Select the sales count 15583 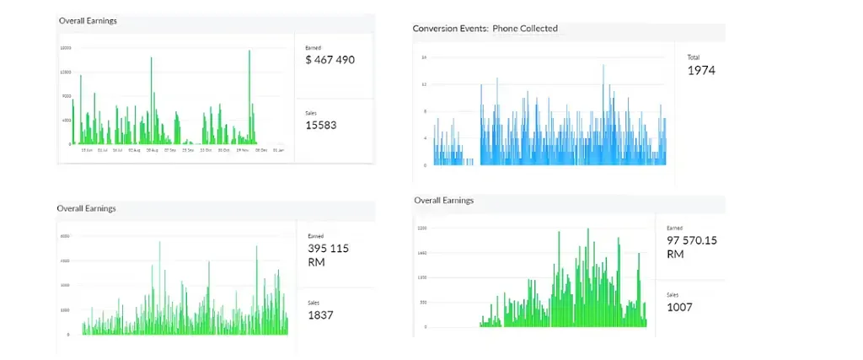coord(321,125)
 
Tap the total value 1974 coord(701,71)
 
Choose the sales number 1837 coord(320,314)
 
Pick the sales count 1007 coord(679,307)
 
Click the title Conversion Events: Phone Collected coord(485,29)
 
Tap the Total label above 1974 coord(694,57)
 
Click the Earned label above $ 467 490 coord(314,48)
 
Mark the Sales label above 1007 coord(673,294)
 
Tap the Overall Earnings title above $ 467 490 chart coord(88,21)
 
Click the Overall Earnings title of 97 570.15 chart coord(444,201)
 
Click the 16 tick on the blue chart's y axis coord(424,57)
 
